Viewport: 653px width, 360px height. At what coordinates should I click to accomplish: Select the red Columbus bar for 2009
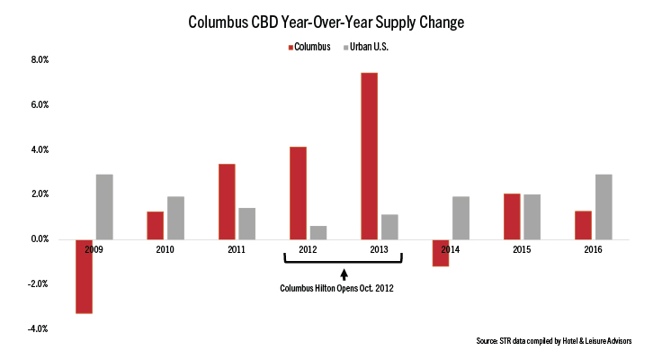(83, 276)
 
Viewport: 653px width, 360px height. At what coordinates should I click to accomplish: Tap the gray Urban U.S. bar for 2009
(104, 207)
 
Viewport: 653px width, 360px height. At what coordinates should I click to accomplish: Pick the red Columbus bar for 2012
(298, 193)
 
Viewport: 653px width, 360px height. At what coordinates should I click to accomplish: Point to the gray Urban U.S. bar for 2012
(319, 232)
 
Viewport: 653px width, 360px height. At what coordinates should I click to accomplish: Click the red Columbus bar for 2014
(440, 253)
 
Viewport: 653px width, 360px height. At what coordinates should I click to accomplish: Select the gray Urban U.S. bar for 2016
(604, 207)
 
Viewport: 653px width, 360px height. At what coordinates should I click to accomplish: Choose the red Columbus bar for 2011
(226, 202)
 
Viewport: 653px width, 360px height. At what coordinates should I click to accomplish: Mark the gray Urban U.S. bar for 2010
(176, 218)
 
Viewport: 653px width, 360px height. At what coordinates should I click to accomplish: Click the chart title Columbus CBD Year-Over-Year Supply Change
(326, 20)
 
